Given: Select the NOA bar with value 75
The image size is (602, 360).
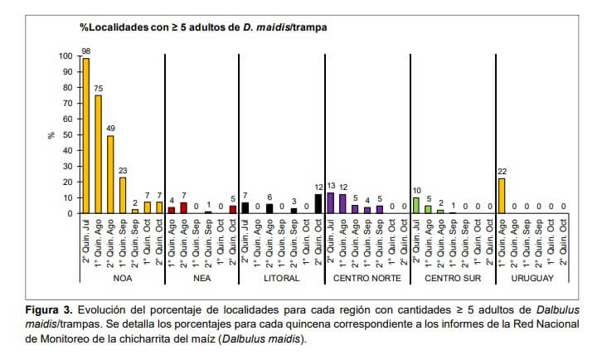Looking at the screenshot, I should tap(99, 154).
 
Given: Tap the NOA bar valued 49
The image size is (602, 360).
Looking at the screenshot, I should tap(110, 174).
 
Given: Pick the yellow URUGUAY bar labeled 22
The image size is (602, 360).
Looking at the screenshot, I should tap(502, 196).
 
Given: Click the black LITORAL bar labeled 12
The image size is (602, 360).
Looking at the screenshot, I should tap(318, 204).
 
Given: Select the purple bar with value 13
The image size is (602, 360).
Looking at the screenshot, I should tap(331, 203).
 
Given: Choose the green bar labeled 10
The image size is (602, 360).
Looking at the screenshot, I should tap(416, 205).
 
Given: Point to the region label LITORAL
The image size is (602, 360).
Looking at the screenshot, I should tap(282, 278).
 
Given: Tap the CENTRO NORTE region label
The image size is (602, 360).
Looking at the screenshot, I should tap(366, 278).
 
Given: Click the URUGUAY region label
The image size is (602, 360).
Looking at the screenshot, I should tap(532, 278).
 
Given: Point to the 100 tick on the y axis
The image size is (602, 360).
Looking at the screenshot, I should tap(66, 56).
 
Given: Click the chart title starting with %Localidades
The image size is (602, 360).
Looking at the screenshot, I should tap(203, 27).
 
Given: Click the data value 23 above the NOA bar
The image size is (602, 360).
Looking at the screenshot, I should tap(123, 170).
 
